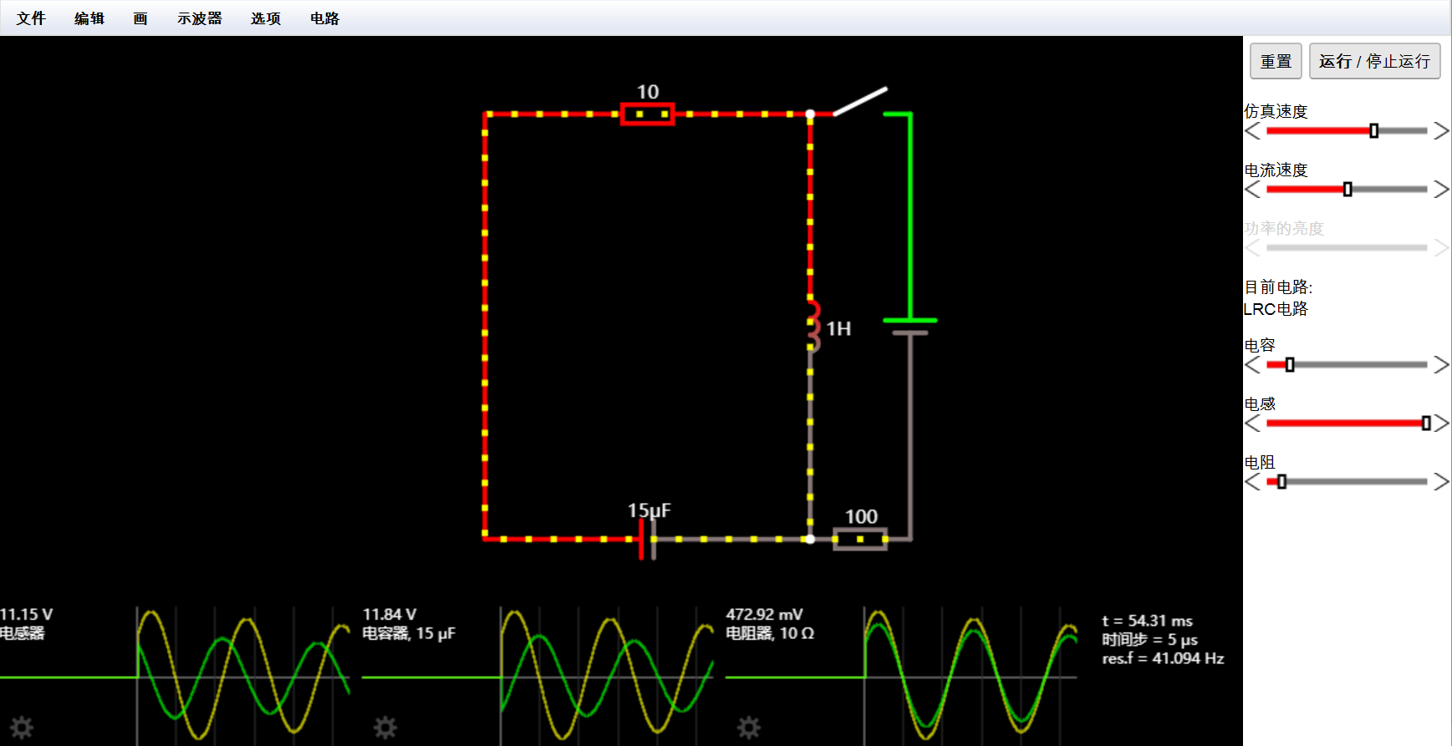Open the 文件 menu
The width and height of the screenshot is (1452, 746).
click(x=31, y=18)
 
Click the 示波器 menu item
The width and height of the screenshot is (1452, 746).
click(x=199, y=18)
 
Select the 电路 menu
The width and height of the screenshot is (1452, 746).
click(x=324, y=18)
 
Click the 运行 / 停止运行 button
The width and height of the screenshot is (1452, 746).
click(x=1374, y=61)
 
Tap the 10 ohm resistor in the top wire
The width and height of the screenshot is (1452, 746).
click(x=648, y=114)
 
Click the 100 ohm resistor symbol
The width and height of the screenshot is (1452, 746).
click(x=860, y=539)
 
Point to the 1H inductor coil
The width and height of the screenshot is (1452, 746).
click(x=813, y=326)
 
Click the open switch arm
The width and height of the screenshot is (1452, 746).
click(x=860, y=101)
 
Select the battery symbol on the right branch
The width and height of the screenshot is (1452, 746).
click(x=910, y=326)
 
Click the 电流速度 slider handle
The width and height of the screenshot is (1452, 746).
click(x=1348, y=190)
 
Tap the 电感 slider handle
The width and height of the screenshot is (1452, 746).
click(x=1426, y=424)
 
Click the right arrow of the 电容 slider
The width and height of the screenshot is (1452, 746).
click(x=1441, y=365)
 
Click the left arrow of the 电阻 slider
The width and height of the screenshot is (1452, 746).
click(x=1252, y=482)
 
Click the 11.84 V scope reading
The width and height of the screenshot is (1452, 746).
click(x=390, y=615)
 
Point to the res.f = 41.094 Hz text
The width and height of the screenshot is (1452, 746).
click(x=1163, y=658)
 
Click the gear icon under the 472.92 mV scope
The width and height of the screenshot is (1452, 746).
click(x=749, y=728)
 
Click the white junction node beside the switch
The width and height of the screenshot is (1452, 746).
click(x=810, y=114)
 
